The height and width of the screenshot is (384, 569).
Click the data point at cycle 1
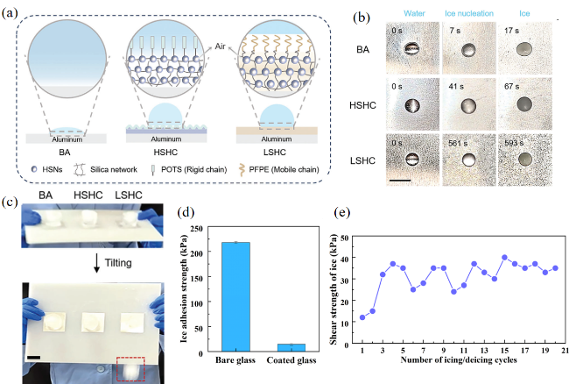[362, 317]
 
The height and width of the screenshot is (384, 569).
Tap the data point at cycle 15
[504, 257]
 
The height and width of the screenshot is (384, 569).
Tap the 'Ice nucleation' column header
[468, 14]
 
